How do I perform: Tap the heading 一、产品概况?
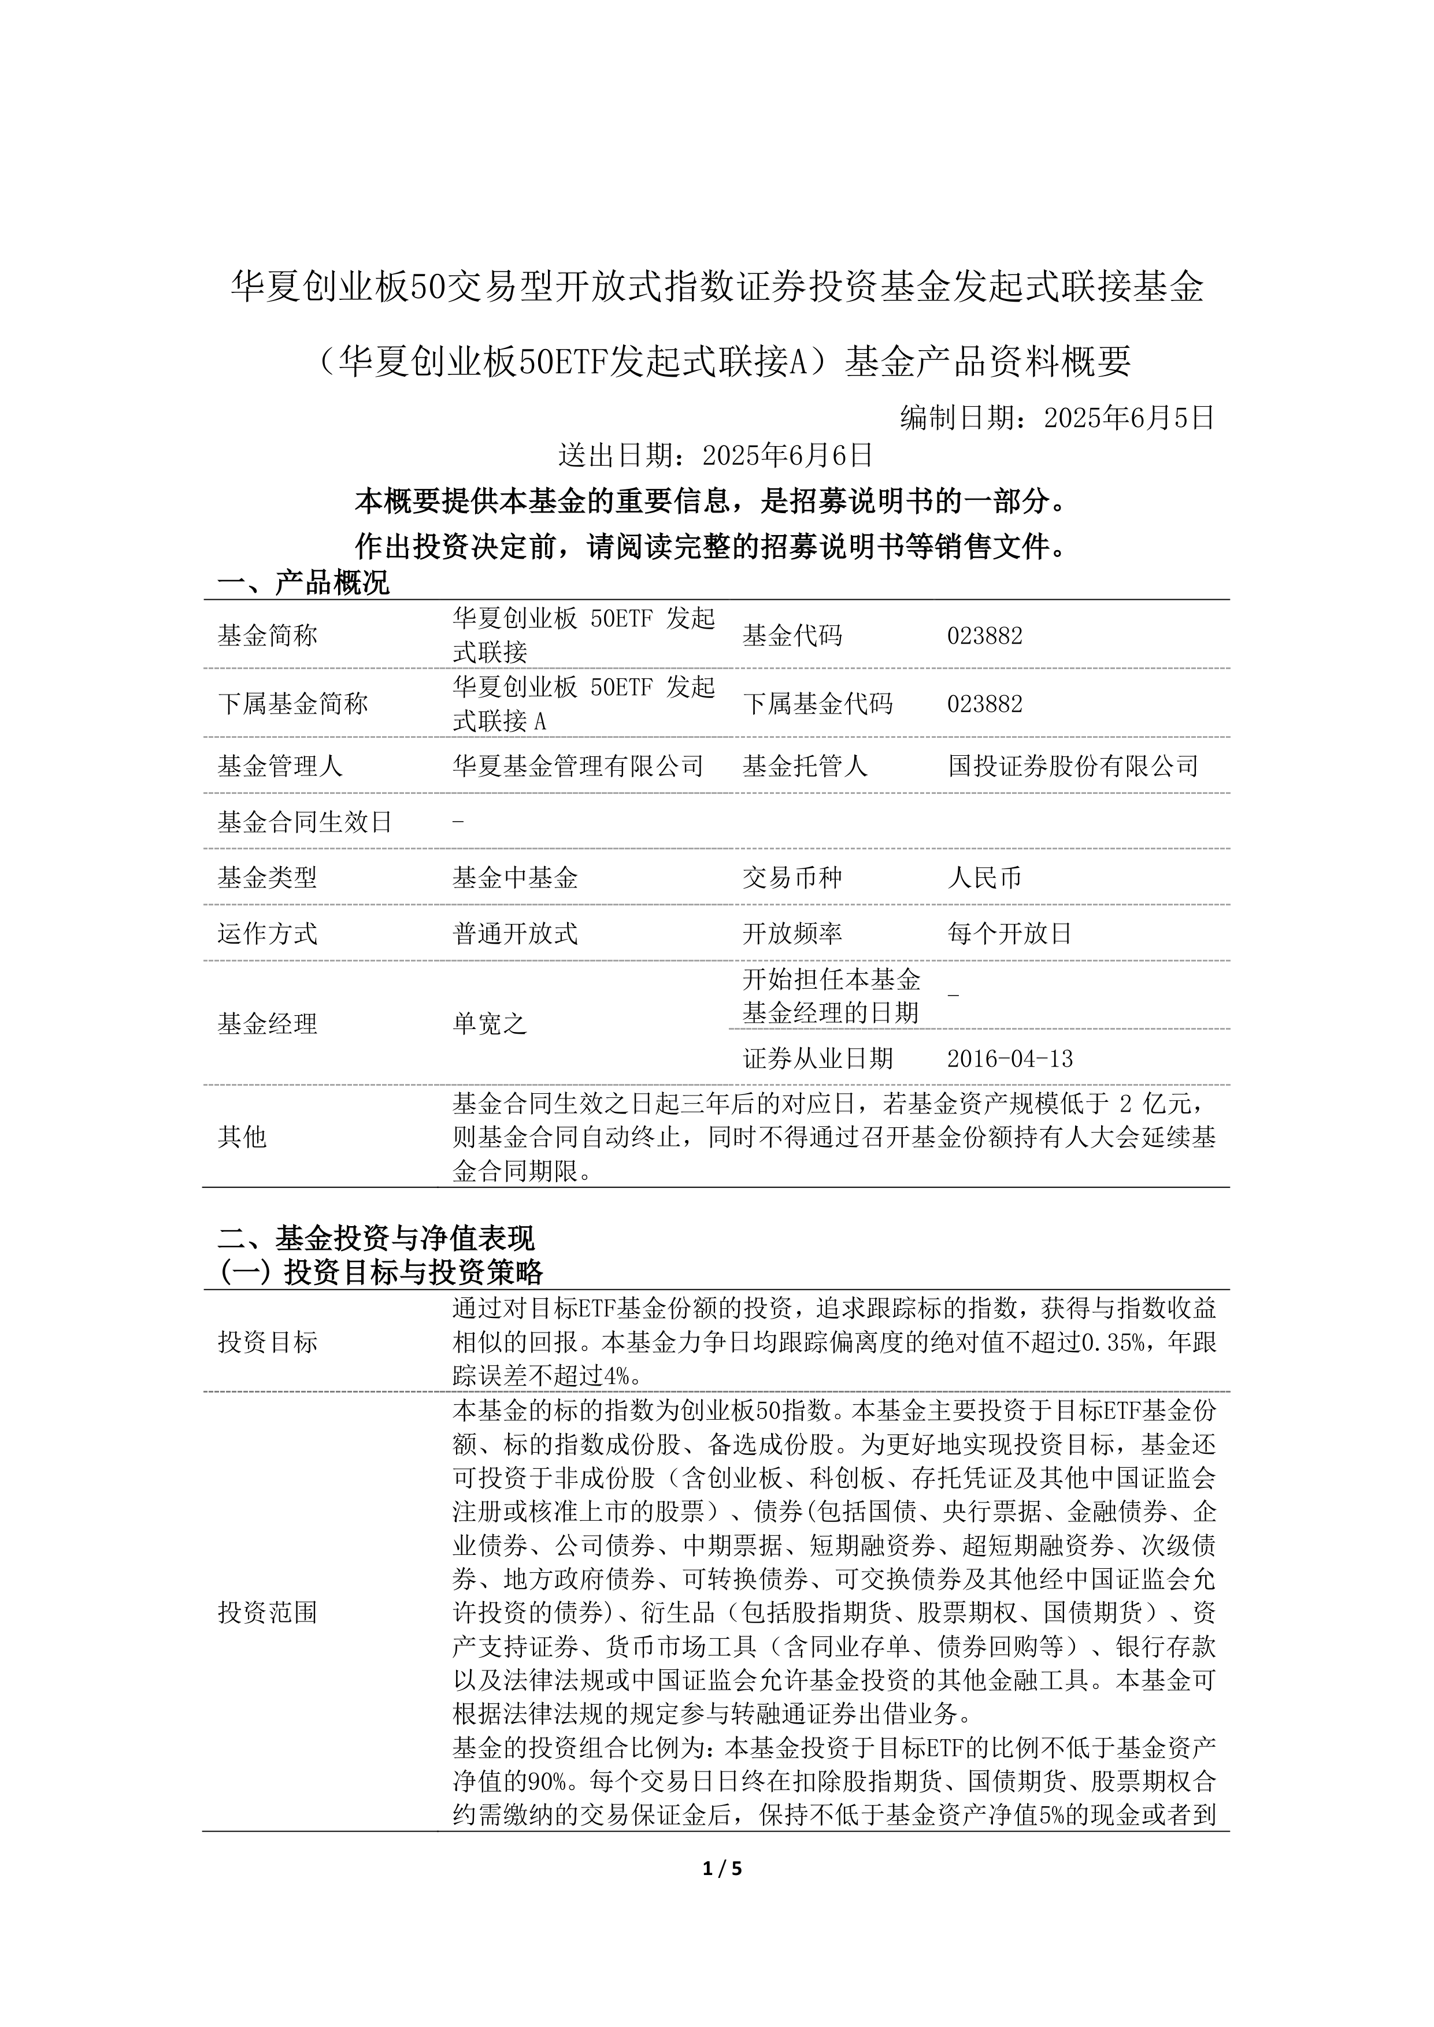point(303,582)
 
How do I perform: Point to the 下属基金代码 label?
point(818,704)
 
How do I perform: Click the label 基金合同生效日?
point(305,822)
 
